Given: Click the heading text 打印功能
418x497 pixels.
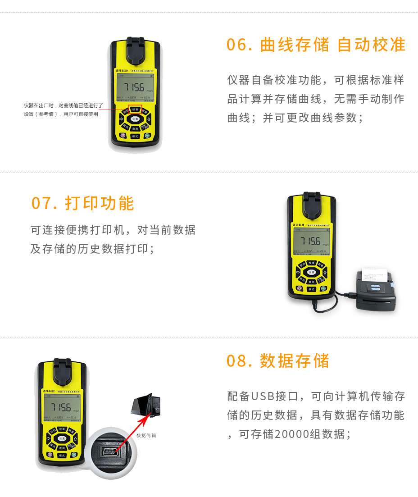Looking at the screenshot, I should tap(100, 203).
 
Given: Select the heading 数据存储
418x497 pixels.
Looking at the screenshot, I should tap(295, 361).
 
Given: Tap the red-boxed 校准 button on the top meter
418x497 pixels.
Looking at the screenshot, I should tap(135, 109).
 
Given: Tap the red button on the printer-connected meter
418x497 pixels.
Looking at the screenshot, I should tap(299, 288).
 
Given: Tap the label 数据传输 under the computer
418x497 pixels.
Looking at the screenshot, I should tap(146, 435).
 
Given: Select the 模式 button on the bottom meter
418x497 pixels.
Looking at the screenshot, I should tap(62, 455).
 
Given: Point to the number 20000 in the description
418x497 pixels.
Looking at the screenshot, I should tap(291, 434).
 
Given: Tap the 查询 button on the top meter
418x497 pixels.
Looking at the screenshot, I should tap(135, 128).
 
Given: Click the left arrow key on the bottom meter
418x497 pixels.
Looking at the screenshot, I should tap(48, 439).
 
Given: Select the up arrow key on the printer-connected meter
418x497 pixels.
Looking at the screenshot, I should tap(325, 272).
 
